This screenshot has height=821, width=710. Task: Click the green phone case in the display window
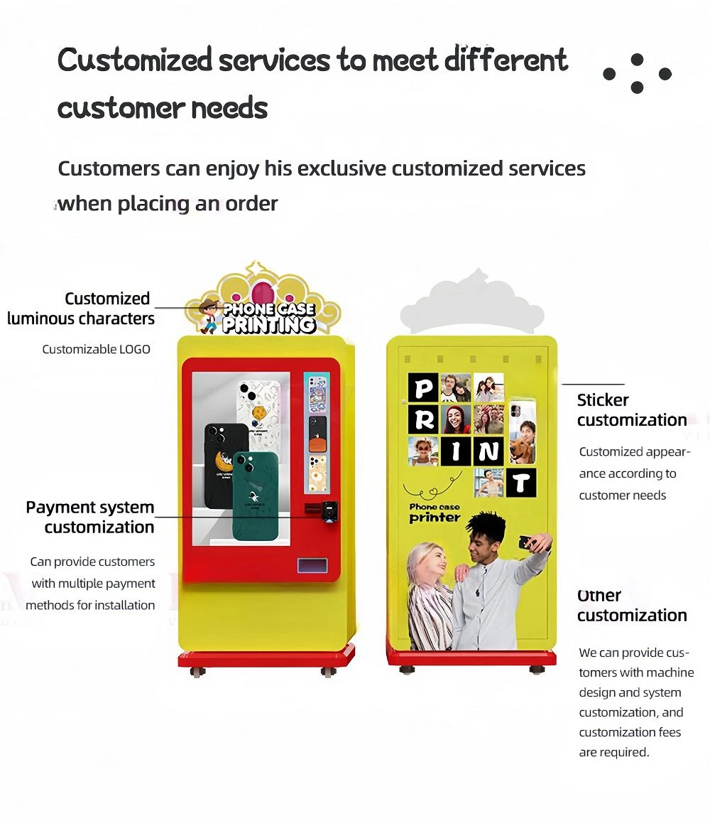pyautogui.click(x=255, y=496)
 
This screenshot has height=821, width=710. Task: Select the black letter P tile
pyautogui.click(x=423, y=387)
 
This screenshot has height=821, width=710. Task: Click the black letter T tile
pyautogui.click(x=520, y=482)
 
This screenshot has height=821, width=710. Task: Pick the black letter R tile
pyautogui.click(x=423, y=419)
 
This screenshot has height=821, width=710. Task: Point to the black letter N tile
pyautogui.click(x=488, y=451)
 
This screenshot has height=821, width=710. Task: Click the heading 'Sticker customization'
pyautogui.click(x=632, y=410)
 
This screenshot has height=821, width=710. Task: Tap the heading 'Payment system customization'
pyautogui.click(x=90, y=517)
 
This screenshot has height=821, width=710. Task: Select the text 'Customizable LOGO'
pyautogui.click(x=96, y=349)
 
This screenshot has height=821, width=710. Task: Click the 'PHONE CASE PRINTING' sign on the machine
pyautogui.click(x=269, y=317)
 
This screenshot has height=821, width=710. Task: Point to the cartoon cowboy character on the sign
pyautogui.click(x=209, y=316)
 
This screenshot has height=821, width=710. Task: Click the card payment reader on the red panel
pyautogui.click(x=329, y=511)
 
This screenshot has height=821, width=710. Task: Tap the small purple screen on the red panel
pyautogui.click(x=312, y=566)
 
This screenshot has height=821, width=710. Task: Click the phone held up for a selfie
pyautogui.click(x=528, y=542)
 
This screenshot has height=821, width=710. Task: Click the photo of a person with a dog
pyautogui.click(x=523, y=432)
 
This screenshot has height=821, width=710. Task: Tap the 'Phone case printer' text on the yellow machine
pyautogui.click(x=435, y=513)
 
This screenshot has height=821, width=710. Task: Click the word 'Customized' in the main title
pyautogui.click(x=135, y=60)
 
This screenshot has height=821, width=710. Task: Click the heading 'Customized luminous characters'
pyautogui.click(x=81, y=308)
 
